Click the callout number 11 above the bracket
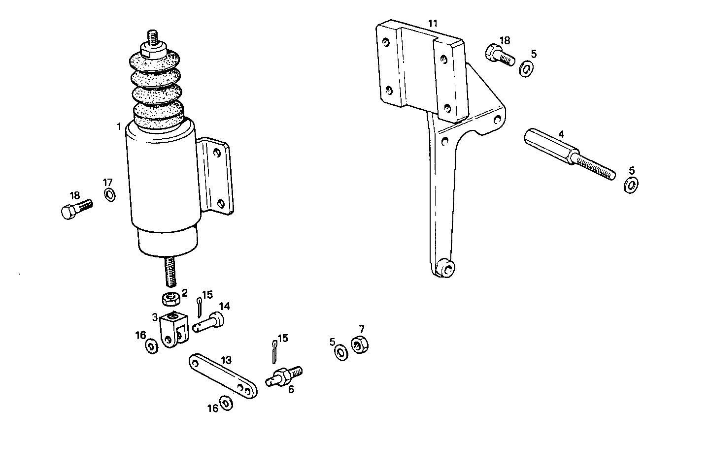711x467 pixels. tap(433, 24)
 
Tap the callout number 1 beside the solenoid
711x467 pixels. tap(119, 127)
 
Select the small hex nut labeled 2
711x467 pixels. tap(170, 298)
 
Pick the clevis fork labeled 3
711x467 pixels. tap(174, 329)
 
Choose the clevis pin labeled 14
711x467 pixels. tap(209, 323)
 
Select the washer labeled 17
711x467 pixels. tap(110, 194)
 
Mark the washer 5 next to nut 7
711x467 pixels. tap(340, 353)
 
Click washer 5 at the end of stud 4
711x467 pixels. tap(630, 186)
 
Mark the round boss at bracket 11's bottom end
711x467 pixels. tap(445, 268)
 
